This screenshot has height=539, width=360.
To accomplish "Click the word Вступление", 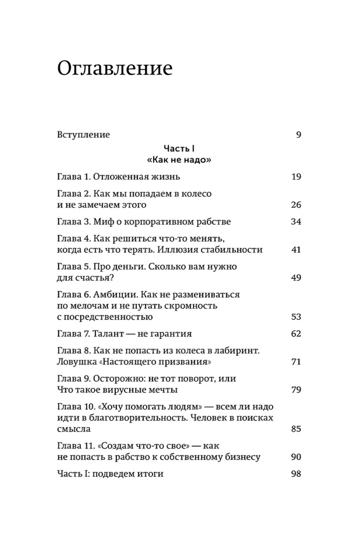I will [83, 135].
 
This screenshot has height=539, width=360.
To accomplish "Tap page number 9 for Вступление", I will [298, 135].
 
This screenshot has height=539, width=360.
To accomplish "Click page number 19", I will [296, 177].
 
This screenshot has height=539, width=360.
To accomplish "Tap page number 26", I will [295, 205].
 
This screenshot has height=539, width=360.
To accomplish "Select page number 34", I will [295, 222].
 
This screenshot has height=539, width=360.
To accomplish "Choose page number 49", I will [295, 278].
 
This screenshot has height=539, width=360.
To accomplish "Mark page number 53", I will [295, 317].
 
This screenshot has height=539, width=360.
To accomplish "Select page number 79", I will [295, 390].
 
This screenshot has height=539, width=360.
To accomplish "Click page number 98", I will [295, 474].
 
